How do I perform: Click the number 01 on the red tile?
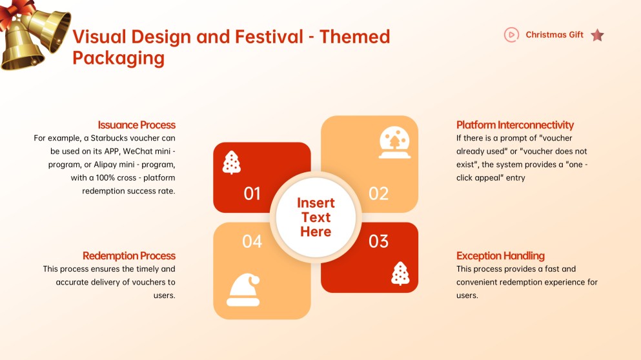(252, 194)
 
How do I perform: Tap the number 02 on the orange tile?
(378, 194)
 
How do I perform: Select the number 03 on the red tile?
(378, 241)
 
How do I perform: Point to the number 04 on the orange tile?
(252, 241)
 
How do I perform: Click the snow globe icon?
(394, 142)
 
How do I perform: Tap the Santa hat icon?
(243, 290)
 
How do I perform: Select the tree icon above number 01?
(231, 162)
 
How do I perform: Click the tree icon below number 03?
(400, 274)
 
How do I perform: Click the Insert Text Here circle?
(316, 217)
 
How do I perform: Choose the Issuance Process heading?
(137, 125)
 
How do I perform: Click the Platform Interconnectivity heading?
(515, 125)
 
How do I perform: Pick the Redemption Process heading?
(128, 255)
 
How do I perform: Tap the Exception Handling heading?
(500, 255)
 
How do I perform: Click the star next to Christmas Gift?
(598, 35)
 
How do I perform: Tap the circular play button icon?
(511, 35)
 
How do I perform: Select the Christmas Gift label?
(555, 35)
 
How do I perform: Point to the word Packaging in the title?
(119, 58)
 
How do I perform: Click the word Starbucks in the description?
(109, 137)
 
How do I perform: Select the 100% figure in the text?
(105, 178)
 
